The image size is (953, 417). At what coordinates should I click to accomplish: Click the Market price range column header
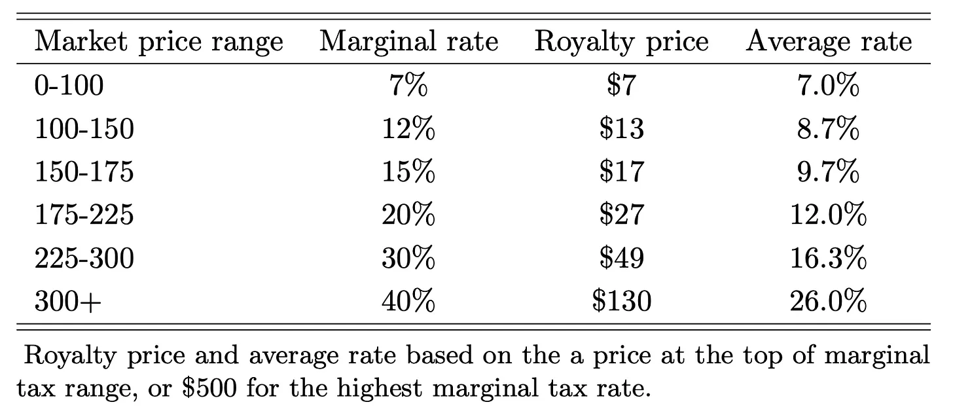click(158, 43)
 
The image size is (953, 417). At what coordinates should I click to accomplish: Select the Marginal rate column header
click(408, 42)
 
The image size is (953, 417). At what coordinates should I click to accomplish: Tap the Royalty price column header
click(621, 43)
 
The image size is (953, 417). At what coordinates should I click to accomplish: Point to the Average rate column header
click(829, 43)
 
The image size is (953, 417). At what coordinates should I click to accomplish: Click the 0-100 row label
click(69, 85)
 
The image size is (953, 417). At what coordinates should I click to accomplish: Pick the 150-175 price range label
click(84, 172)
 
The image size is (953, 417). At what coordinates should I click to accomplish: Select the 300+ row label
click(67, 301)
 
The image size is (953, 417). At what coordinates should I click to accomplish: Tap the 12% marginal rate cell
click(408, 128)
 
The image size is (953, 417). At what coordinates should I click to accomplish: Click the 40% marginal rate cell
click(408, 301)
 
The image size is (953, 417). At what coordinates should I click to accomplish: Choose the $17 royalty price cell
click(622, 172)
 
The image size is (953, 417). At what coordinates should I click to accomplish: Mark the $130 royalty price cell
click(622, 301)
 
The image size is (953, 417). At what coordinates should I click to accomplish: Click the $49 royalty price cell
click(622, 258)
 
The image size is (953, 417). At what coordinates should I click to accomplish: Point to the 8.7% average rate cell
click(828, 128)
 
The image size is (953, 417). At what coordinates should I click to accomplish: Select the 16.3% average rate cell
click(828, 258)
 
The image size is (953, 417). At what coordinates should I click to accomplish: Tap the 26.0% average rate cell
click(828, 301)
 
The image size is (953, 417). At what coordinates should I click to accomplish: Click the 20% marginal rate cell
click(408, 215)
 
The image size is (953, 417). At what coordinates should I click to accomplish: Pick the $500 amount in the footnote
click(209, 388)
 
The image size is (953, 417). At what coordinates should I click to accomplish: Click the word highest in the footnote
click(380, 388)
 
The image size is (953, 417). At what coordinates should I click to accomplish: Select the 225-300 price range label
click(84, 258)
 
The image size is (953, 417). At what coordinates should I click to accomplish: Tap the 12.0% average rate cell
click(828, 215)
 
